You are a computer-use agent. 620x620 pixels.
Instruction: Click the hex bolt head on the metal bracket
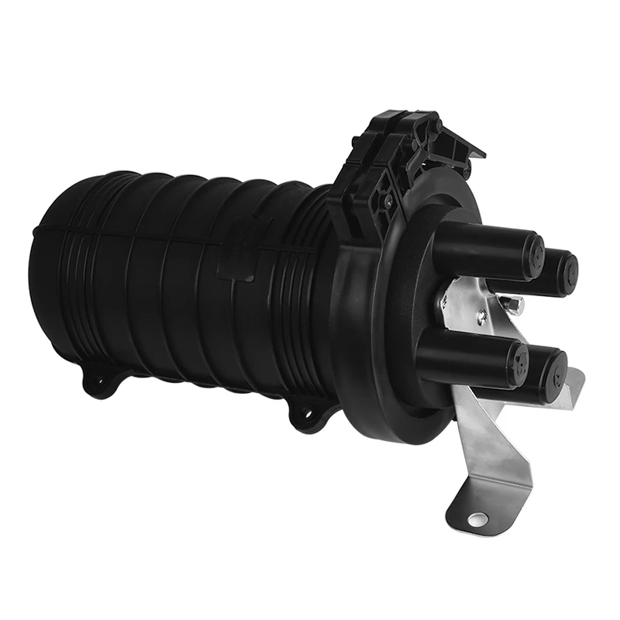coord(514,305)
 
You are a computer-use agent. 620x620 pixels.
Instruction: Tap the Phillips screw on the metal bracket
coord(482,314)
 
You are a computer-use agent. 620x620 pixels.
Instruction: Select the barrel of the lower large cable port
coord(465,353)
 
